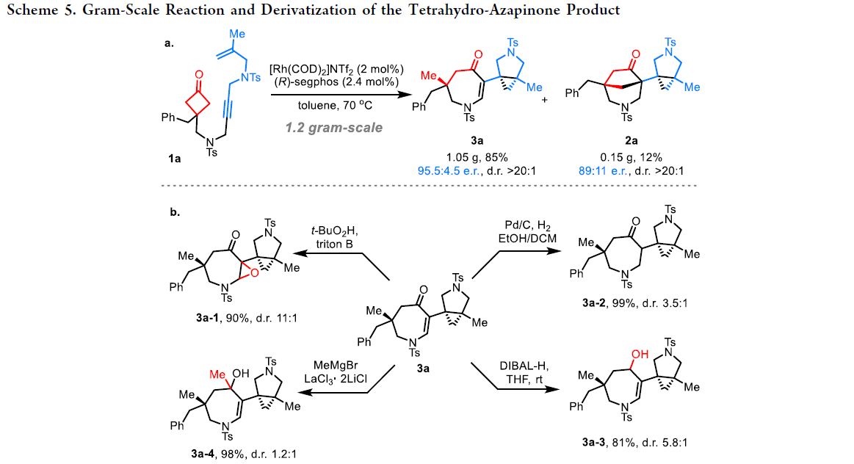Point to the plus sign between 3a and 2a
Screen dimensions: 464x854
[545, 99]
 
